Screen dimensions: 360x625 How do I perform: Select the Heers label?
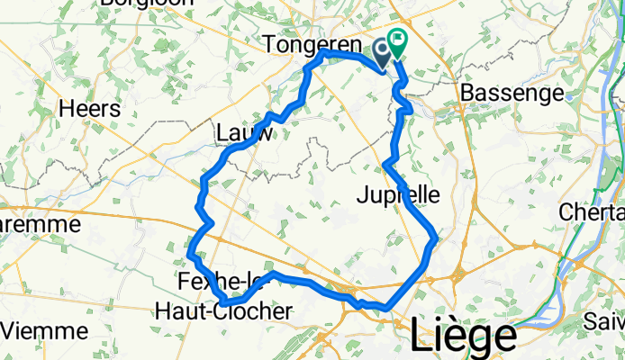tap(89, 108)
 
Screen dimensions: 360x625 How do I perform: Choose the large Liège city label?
tap(463, 335)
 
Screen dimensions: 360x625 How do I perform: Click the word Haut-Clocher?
tap(223, 311)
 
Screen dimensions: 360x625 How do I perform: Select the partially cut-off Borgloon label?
tap(149, 4)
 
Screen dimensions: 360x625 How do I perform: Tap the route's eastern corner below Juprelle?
tap(436, 238)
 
